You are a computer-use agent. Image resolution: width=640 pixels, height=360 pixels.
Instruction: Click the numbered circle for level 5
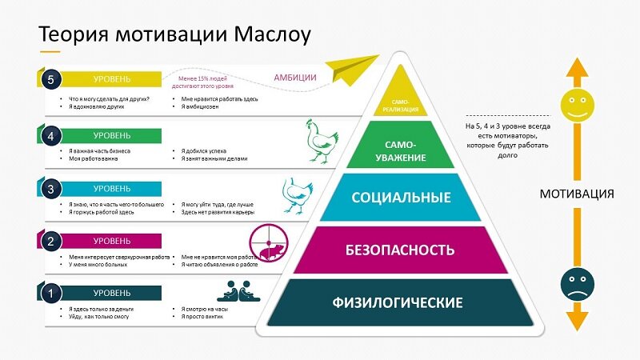50,78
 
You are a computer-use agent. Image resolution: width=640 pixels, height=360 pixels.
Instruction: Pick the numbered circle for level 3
50,189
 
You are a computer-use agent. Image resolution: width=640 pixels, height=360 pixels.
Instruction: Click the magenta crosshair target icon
268,243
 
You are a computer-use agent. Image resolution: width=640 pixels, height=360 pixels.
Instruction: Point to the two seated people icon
239,290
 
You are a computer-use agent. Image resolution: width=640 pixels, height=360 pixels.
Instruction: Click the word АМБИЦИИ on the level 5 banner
295,78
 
